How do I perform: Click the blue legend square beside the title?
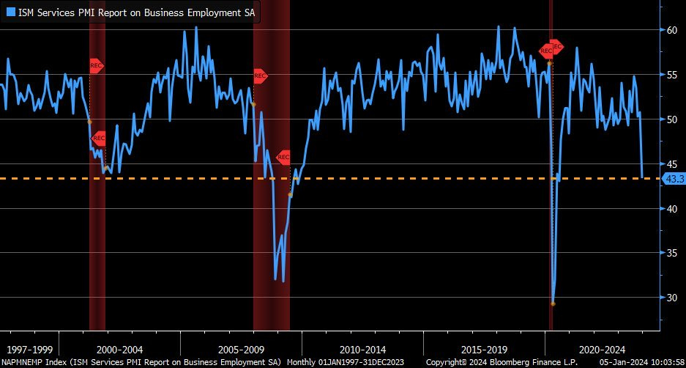click(10, 12)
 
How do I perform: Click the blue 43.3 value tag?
click(672, 178)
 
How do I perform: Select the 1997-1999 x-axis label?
click(29, 349)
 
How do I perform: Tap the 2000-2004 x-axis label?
click(120, 349)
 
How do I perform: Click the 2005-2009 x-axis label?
click(241, 349)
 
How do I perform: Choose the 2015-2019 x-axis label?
click(485, 349)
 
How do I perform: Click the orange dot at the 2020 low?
click(553, 303)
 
